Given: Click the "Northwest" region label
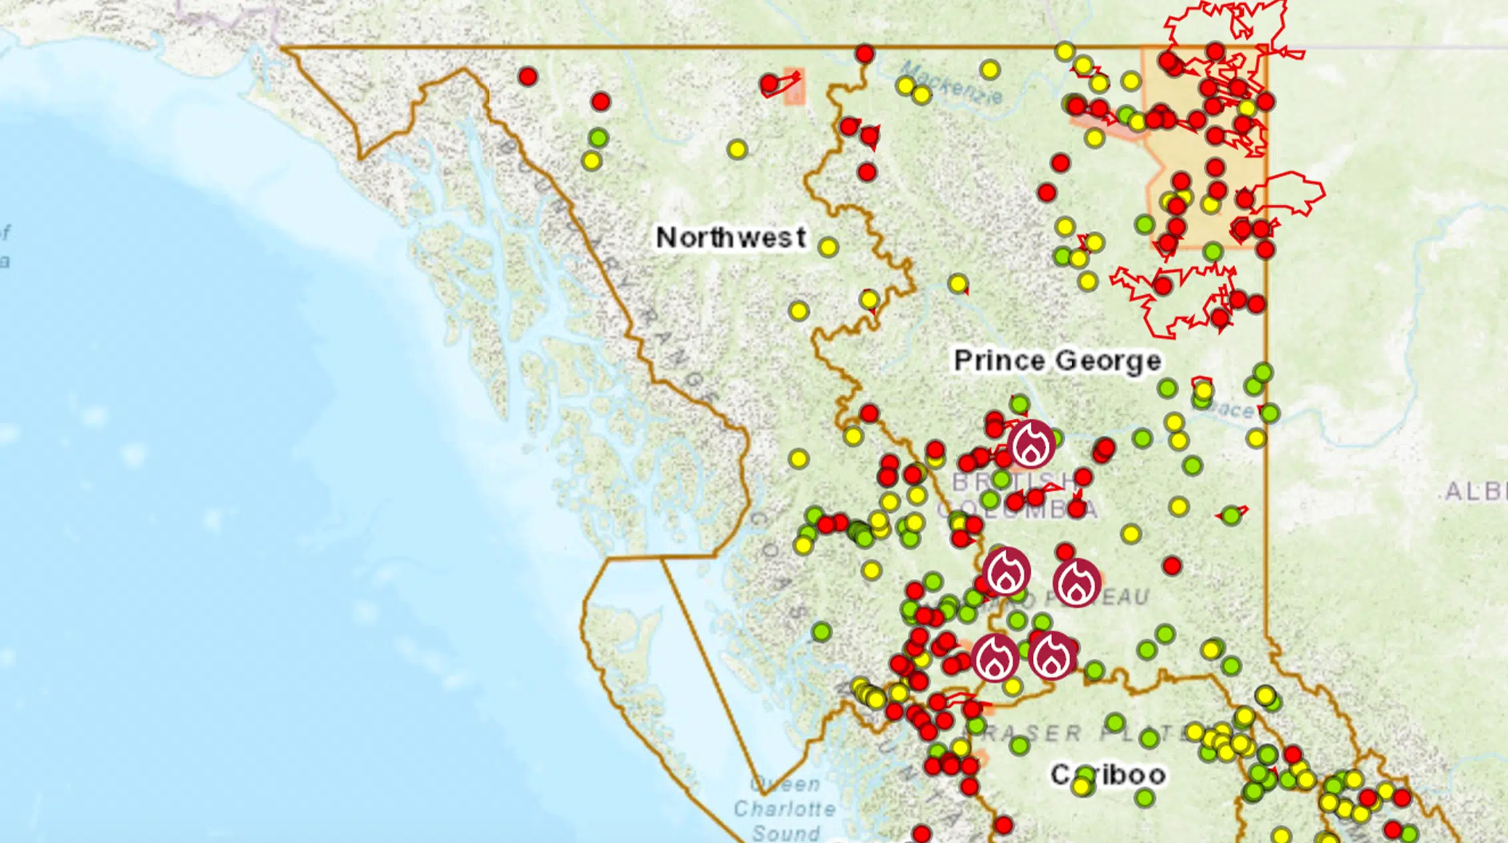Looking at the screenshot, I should pos(730,238).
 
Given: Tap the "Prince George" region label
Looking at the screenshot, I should pos(1057,361).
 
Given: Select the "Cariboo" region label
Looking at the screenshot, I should pos(1108,774).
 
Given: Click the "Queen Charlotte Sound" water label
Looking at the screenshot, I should pos(785,809).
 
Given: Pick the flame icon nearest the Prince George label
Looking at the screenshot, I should pos(1031,444).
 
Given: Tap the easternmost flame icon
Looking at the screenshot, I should pos(1077,582).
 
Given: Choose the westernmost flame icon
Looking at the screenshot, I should pos(995,657).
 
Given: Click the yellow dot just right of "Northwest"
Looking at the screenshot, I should pos(828,248).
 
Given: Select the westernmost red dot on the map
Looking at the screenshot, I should pos(528,77).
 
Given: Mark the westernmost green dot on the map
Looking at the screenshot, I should pos(598,138).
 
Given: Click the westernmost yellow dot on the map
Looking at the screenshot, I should pos(591,161).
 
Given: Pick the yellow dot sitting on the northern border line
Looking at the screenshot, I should pos(1065,51).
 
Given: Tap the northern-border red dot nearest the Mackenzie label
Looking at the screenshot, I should pos(864,53).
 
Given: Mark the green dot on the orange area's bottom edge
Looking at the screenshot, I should pos(1213,252).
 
